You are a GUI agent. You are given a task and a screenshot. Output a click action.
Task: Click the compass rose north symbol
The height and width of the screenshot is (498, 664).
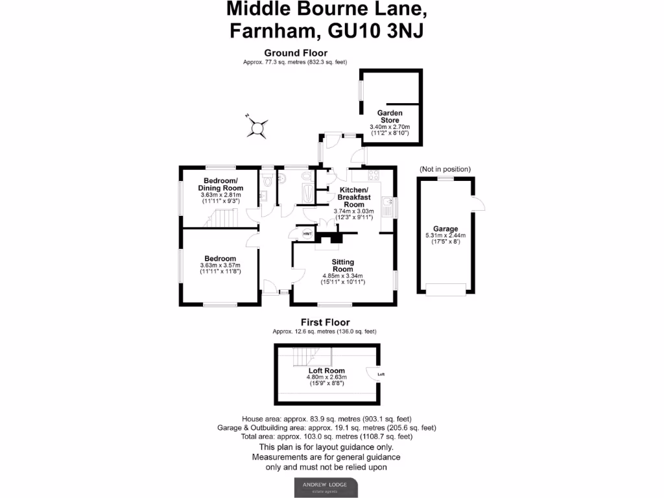[x=257, y=126]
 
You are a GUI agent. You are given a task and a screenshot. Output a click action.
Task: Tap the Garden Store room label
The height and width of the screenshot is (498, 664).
[x=390, y=116]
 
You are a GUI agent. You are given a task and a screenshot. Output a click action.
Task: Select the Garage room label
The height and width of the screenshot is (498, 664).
[x=445, y=229]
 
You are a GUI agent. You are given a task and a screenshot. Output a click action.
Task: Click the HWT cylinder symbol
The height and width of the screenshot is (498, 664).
[x=307, y=233]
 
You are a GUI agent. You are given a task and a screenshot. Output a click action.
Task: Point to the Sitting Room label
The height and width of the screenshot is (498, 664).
[x=342, y=265]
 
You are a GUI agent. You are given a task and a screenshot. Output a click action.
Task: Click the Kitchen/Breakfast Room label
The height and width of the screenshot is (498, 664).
[x=353, y=196]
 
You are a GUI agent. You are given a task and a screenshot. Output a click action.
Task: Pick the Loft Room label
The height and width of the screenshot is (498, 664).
[x=326, y=371]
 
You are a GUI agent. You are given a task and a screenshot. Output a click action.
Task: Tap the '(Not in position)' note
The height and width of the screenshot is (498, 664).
[x=445, y=169]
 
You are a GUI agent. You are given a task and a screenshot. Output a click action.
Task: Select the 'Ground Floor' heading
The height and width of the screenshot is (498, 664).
[x=295, y=53]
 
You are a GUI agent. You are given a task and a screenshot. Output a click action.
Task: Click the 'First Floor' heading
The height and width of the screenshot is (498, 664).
[x=325, y=322]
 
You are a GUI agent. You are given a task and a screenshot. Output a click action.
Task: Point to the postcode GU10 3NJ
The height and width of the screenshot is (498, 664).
[x=376, y=30]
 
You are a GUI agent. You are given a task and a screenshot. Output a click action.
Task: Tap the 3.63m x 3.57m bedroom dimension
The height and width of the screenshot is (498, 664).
[x=220, y=265]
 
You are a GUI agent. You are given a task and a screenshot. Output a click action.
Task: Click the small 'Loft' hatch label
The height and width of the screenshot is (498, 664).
[x=381, y=374]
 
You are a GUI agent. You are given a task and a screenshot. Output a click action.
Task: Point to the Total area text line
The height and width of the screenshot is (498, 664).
[x=326, y=438]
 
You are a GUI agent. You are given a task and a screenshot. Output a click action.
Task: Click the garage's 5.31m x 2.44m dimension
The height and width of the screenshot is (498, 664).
[x=445, y=235]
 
